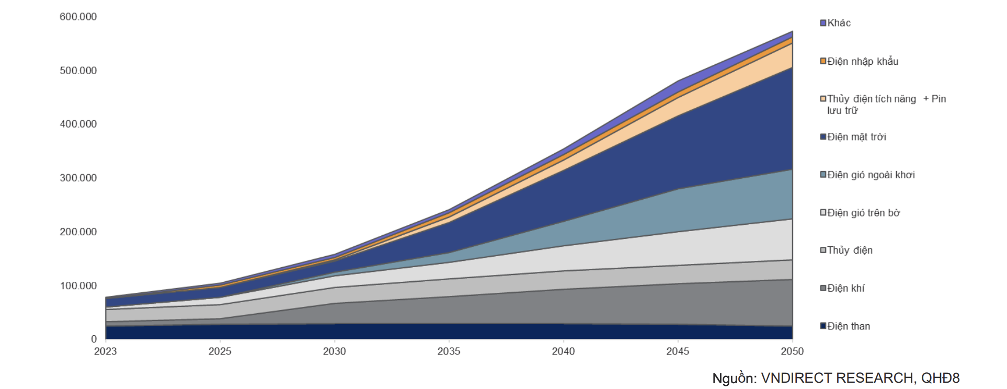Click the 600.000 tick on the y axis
pos(78,17)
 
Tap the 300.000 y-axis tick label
pos(78,178)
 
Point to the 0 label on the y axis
pos(94,339)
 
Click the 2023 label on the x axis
pos(106,351)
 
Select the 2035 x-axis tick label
pos(449,351)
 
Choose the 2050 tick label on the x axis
pos(792,351)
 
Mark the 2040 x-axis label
pos(563,351)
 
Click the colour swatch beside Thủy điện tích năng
pos(823,99)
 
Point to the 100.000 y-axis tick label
pos(78,286)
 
